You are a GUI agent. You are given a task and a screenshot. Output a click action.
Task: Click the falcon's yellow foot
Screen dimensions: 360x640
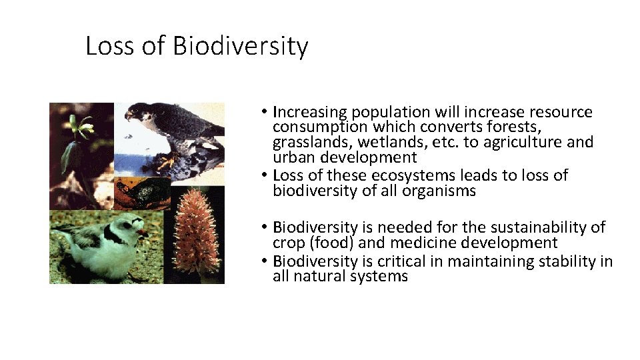(x=167, y=161)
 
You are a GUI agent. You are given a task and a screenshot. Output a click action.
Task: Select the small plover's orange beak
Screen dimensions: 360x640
(x=141, y=233)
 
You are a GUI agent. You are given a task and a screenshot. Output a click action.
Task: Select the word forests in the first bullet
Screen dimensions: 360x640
(x=513, y=127)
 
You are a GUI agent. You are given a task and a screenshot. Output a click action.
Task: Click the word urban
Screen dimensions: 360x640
(x=292, y=157)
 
